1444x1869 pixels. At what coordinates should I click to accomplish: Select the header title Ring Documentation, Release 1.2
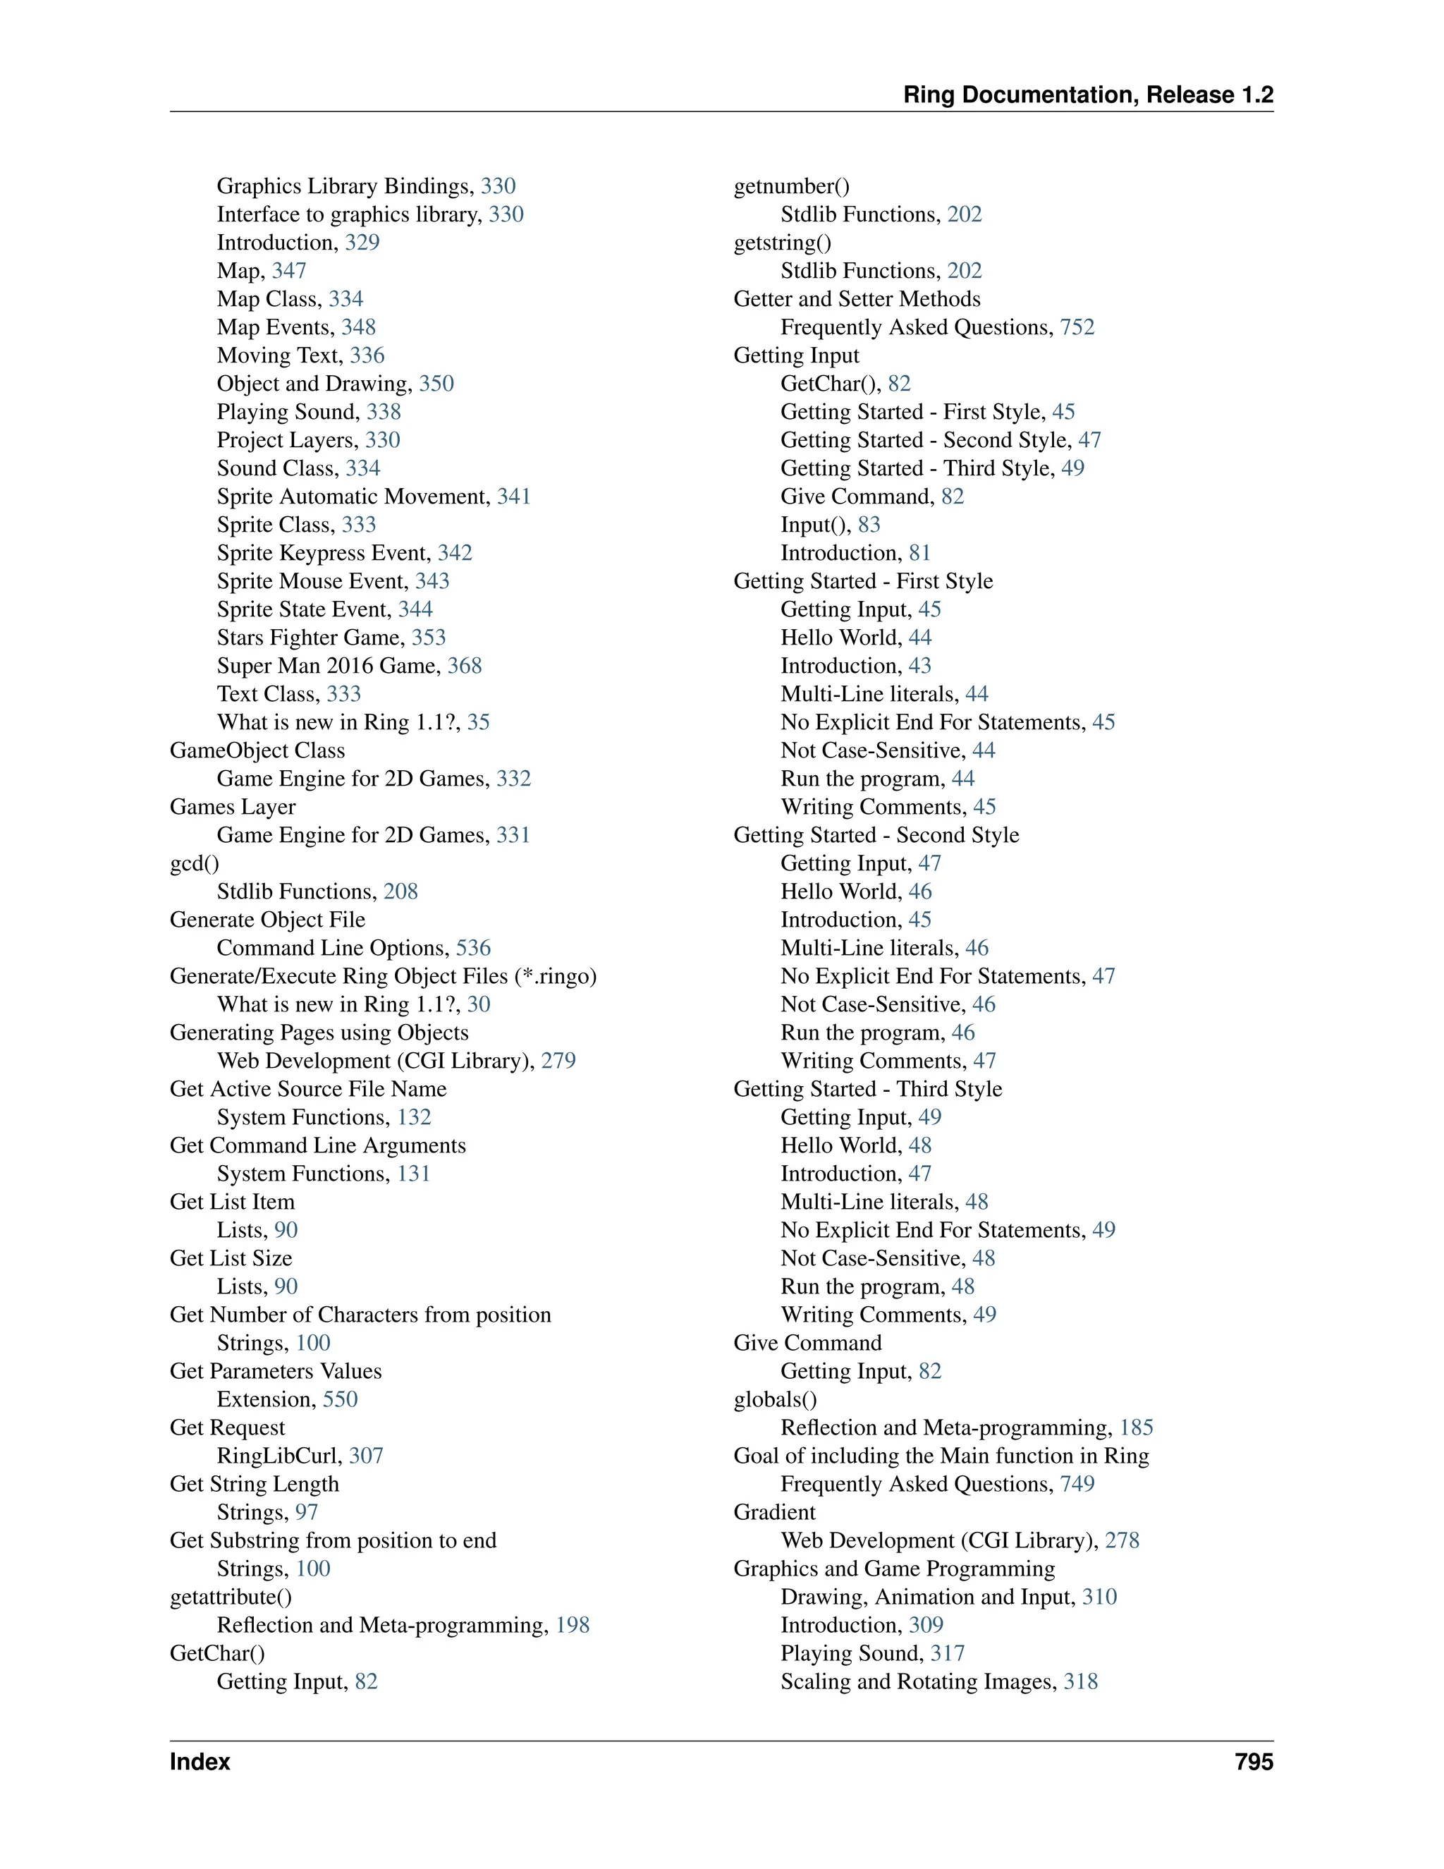tap(1088, 95)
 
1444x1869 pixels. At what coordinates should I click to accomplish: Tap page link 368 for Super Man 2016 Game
tap(465, 666)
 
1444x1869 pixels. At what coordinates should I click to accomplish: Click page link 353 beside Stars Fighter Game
tap(429, 638)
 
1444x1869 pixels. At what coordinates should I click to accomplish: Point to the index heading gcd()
tap(194, 863)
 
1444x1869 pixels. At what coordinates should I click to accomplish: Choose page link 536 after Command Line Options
tap(473, 948)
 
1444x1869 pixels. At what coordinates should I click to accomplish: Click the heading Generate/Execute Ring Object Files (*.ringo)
tap(382, 976)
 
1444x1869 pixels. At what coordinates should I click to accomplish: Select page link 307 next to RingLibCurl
tap(365, 1456)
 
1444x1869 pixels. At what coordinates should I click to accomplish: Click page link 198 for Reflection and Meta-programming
tap(573, 1625)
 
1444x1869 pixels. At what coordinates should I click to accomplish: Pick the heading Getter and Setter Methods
tap(856, 298)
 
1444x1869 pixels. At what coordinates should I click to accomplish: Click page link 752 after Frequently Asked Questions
tap(1077, 327)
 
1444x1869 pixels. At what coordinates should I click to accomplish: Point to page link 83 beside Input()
tap(869, 525)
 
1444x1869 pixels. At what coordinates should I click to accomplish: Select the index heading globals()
tap(775, 1399)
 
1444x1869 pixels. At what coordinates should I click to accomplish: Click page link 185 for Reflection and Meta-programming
tap(1136, 1427)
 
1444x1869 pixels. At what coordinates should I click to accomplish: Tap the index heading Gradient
tap(774, 1512)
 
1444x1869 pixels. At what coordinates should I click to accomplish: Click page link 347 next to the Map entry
tap(289, 270)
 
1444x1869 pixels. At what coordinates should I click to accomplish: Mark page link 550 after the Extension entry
tap(340, 1399)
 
